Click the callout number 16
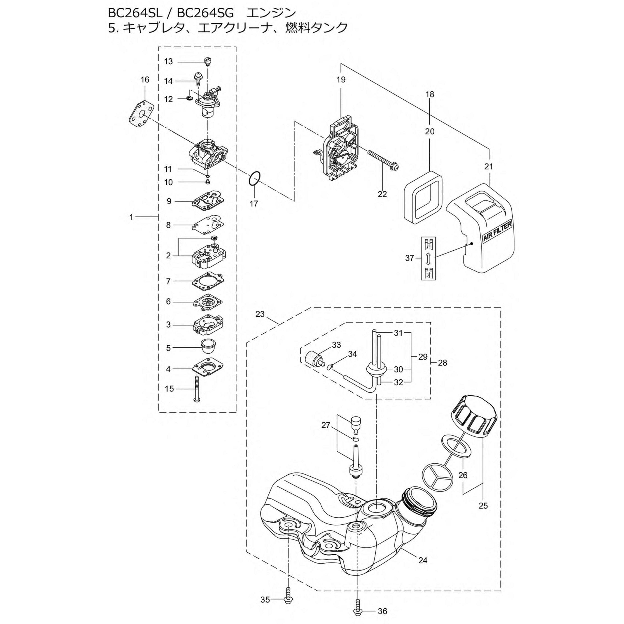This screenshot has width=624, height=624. (145, 79)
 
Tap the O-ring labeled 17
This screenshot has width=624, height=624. (254, 179)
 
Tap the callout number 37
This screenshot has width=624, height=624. (410, 258)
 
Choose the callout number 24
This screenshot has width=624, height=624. (423, 560)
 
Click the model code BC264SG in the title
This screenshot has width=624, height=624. (205, 13)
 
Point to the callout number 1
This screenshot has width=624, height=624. (131, 217)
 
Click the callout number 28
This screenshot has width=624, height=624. (442, 363)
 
